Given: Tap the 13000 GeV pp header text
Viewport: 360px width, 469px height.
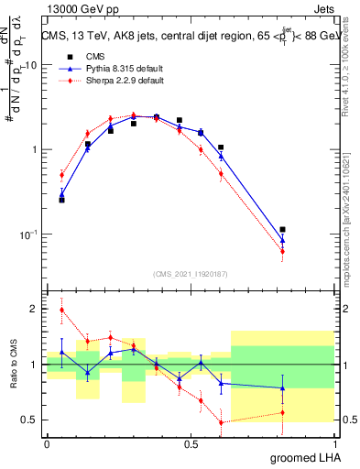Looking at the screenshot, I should coord(78,8).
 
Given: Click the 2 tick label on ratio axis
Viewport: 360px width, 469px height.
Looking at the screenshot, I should coord(34,309).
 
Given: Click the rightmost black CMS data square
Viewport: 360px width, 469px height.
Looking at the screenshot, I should coord(282,230).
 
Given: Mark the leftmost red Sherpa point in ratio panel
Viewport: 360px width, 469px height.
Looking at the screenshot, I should coord(62,310).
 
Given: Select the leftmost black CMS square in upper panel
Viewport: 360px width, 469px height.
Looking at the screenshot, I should coord(62,200).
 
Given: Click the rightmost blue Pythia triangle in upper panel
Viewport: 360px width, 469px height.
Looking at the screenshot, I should coord(282,241).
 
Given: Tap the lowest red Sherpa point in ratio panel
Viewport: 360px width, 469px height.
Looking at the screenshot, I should coord(221,422).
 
